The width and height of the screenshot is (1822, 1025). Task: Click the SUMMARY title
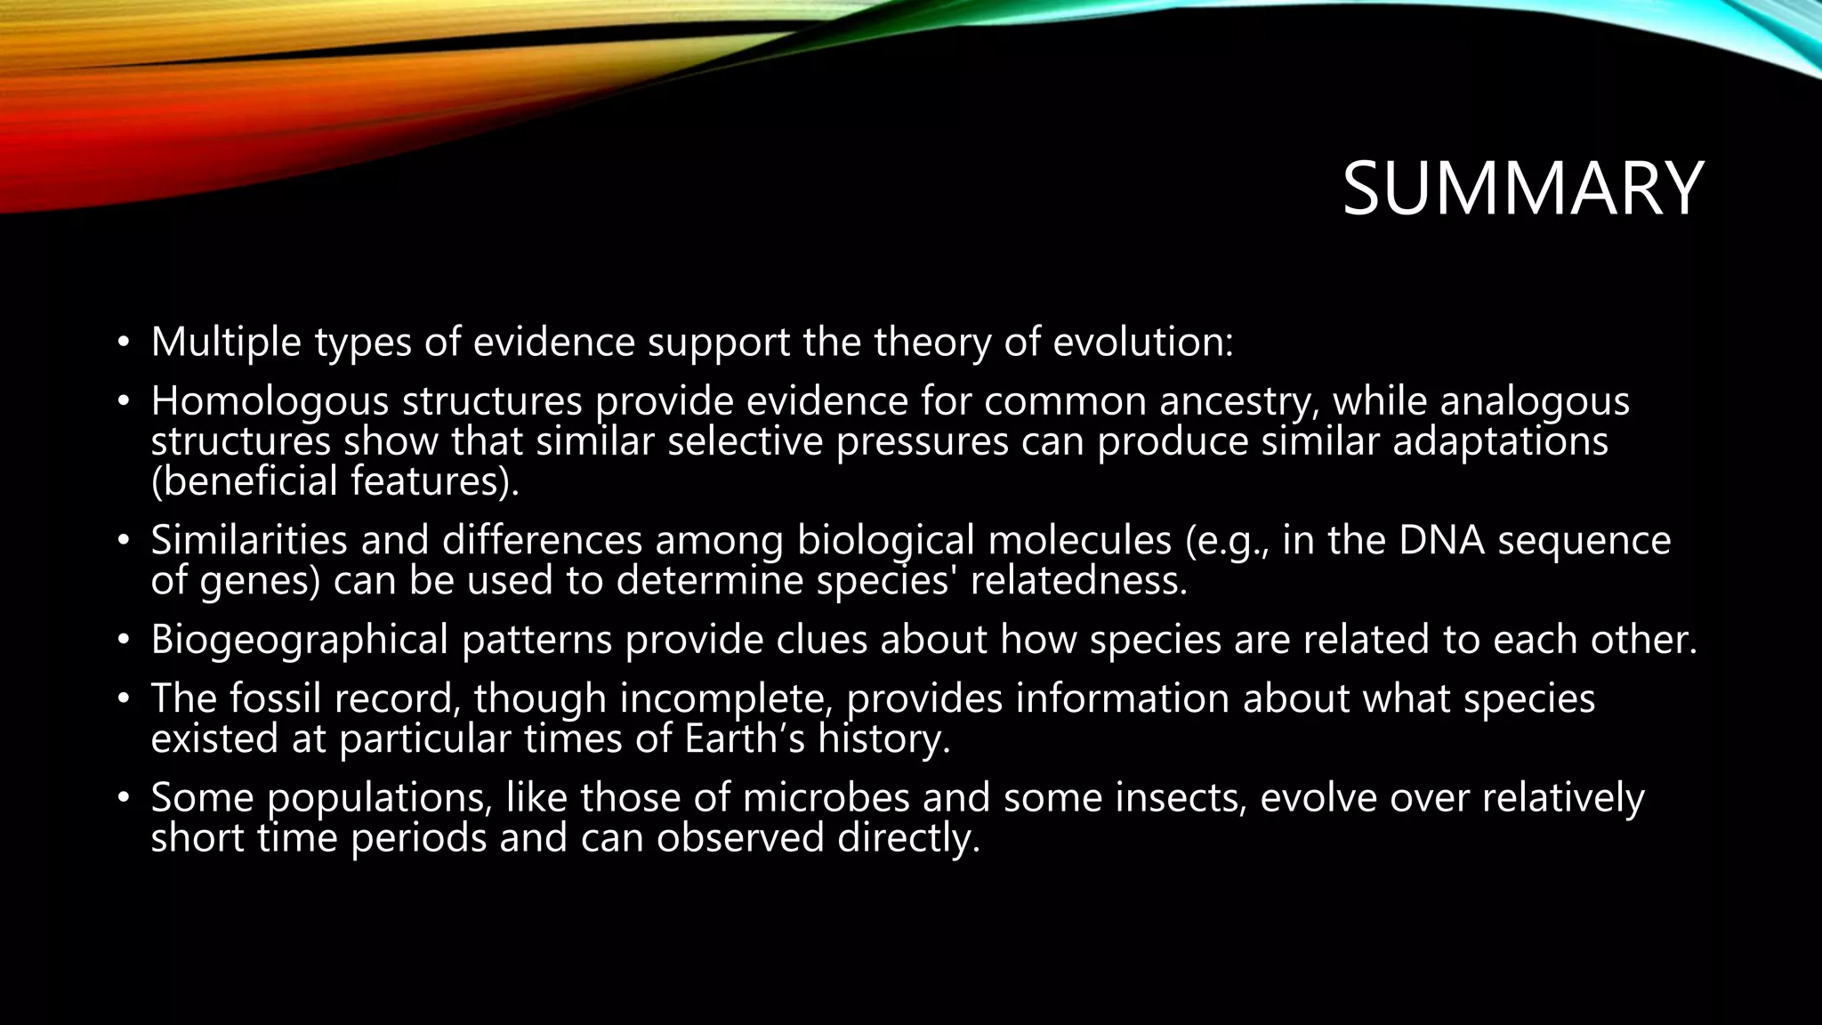point(1522,189)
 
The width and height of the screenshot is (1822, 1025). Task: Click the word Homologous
point(270,401)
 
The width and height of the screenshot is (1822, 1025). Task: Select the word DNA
point(1441,540)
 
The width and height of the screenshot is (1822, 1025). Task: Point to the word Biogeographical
point(299,640)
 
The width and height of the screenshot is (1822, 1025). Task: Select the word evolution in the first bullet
point(1143,343)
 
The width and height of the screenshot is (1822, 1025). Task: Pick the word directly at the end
point(907,838)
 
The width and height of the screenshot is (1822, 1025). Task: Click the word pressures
point(922,441)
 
